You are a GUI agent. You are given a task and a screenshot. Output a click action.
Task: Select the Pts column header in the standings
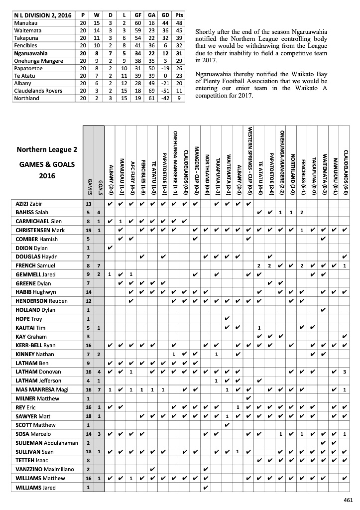click(179, 16)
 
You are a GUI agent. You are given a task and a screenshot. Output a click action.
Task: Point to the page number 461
click(348, 500)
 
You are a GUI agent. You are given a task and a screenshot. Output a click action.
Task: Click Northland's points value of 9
click(179, 99)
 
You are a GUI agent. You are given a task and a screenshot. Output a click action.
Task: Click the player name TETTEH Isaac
click(31, 460)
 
